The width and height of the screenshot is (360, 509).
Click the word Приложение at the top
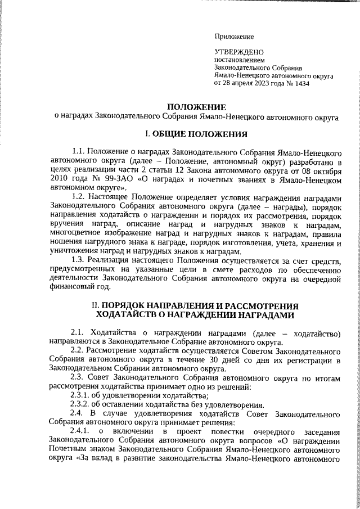pyautogui.click(x=234, y=37)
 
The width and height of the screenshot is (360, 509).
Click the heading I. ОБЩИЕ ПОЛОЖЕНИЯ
pyautogui.click(x=196, y=134)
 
